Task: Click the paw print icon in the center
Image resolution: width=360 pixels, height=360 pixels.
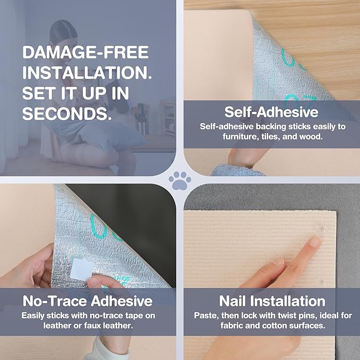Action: (x=180, y=181)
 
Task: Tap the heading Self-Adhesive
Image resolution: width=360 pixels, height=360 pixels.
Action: (x=271, y=112)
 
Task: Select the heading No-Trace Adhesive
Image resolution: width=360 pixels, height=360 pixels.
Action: (x=87, y=301)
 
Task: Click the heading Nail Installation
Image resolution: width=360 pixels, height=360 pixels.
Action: (x=272, y=301)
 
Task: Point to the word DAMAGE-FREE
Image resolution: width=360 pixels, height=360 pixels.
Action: (x=85, y=52)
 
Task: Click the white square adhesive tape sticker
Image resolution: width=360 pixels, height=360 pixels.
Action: (x=82, y=269)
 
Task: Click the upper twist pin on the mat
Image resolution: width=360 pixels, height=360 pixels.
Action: (x=321, y=229)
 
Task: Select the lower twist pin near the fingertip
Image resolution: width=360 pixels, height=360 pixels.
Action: (x=322, y=282)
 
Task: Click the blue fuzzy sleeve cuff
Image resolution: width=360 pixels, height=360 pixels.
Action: (x=236, y=170)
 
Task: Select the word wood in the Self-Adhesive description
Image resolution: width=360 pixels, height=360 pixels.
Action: (x=313, y=137)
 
